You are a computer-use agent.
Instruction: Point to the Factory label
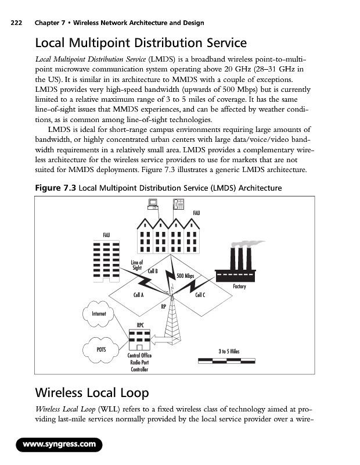239,287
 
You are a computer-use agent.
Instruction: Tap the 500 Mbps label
185,276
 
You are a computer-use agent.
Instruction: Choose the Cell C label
201,295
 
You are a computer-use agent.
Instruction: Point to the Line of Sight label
137,265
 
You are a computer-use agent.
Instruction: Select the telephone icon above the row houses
178,204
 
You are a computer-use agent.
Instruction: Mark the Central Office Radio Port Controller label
139,362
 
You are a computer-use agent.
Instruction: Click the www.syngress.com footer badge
59,445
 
